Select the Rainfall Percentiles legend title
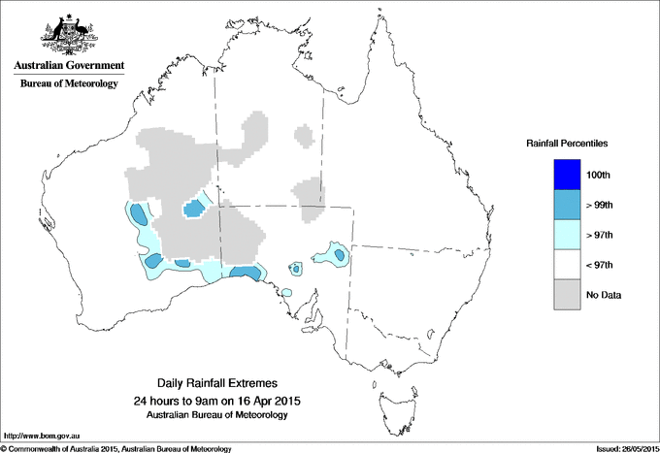[x=567, y=143]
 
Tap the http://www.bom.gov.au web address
[x=43, y=436]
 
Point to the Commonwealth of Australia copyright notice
[x=116, y=448]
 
